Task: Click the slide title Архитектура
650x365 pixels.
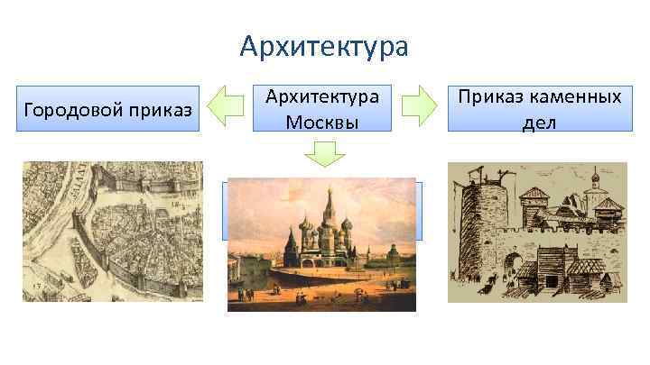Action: point(324,45)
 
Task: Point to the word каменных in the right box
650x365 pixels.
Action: point(572,96)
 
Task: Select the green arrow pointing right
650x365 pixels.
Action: point(419,106)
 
